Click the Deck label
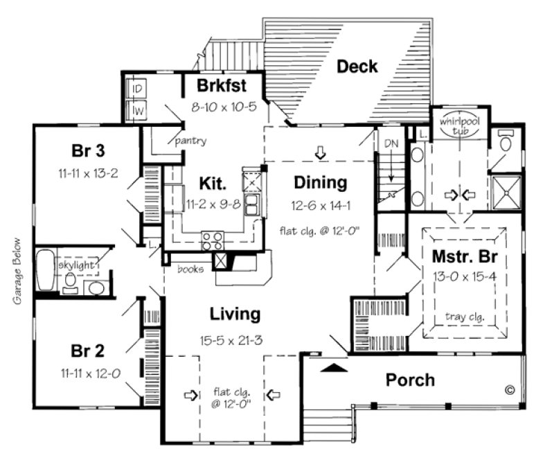(x=357, y=67)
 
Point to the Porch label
(x=410, y=380)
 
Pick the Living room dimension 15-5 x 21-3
(x=235, y=339)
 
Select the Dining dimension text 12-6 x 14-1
(x=319, y=206)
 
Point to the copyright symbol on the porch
(x=510, y=390)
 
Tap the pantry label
(x=190, y=141)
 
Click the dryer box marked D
(x=137, y=89)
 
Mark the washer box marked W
(x=137, y=109)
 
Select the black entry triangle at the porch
(x=335, y=369)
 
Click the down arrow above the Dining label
(x=320, y=152)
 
